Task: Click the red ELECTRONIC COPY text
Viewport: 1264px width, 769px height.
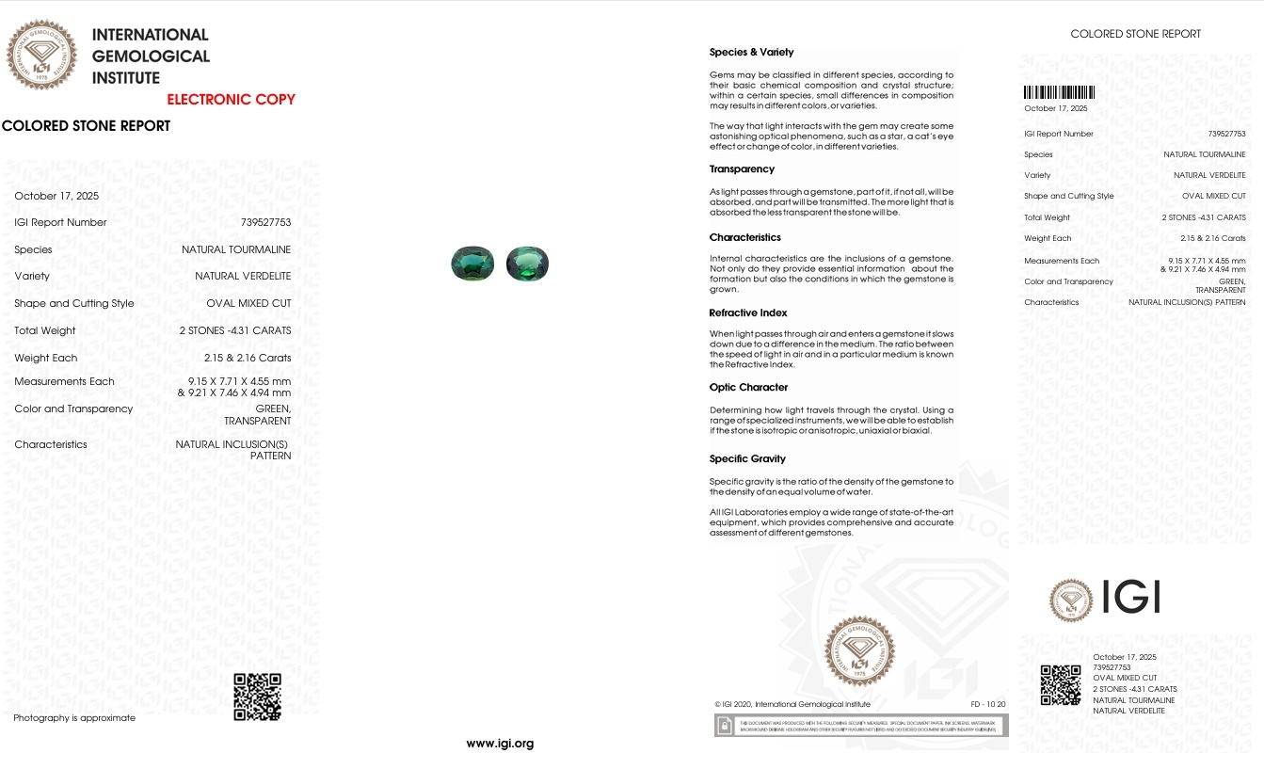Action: [x=231, y=100]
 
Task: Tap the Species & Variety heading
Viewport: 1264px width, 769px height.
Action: [x=751, y=53]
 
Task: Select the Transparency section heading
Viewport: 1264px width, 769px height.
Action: [x=742, y=169]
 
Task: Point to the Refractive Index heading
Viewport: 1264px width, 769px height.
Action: [x=748, y=312]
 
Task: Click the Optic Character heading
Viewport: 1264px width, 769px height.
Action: [x=748, y=388]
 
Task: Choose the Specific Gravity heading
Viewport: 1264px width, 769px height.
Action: [x=747, y=459]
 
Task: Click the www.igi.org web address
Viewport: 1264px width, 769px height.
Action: [x=500, y=744]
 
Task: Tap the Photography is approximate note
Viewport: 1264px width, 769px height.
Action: [x=74, y=718]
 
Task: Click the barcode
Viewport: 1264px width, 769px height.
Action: [x=1059, y=93]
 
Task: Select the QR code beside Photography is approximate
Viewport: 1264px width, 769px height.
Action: [x=257, y=697]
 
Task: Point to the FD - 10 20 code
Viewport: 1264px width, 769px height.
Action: [x=987, y=704]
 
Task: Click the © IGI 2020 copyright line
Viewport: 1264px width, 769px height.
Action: [x=792, y=704]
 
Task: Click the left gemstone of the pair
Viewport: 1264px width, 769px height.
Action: [x=472, y=264]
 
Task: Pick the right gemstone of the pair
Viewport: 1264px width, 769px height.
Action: [x=527, y=264]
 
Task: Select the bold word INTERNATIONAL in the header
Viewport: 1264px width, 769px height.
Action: [x=150, y=35]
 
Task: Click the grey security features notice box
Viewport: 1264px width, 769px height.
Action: [x=860, y=725]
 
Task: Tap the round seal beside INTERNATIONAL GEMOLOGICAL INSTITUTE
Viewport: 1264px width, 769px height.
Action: [x=41, y=56]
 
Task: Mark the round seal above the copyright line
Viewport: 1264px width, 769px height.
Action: [x=859, y=650]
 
